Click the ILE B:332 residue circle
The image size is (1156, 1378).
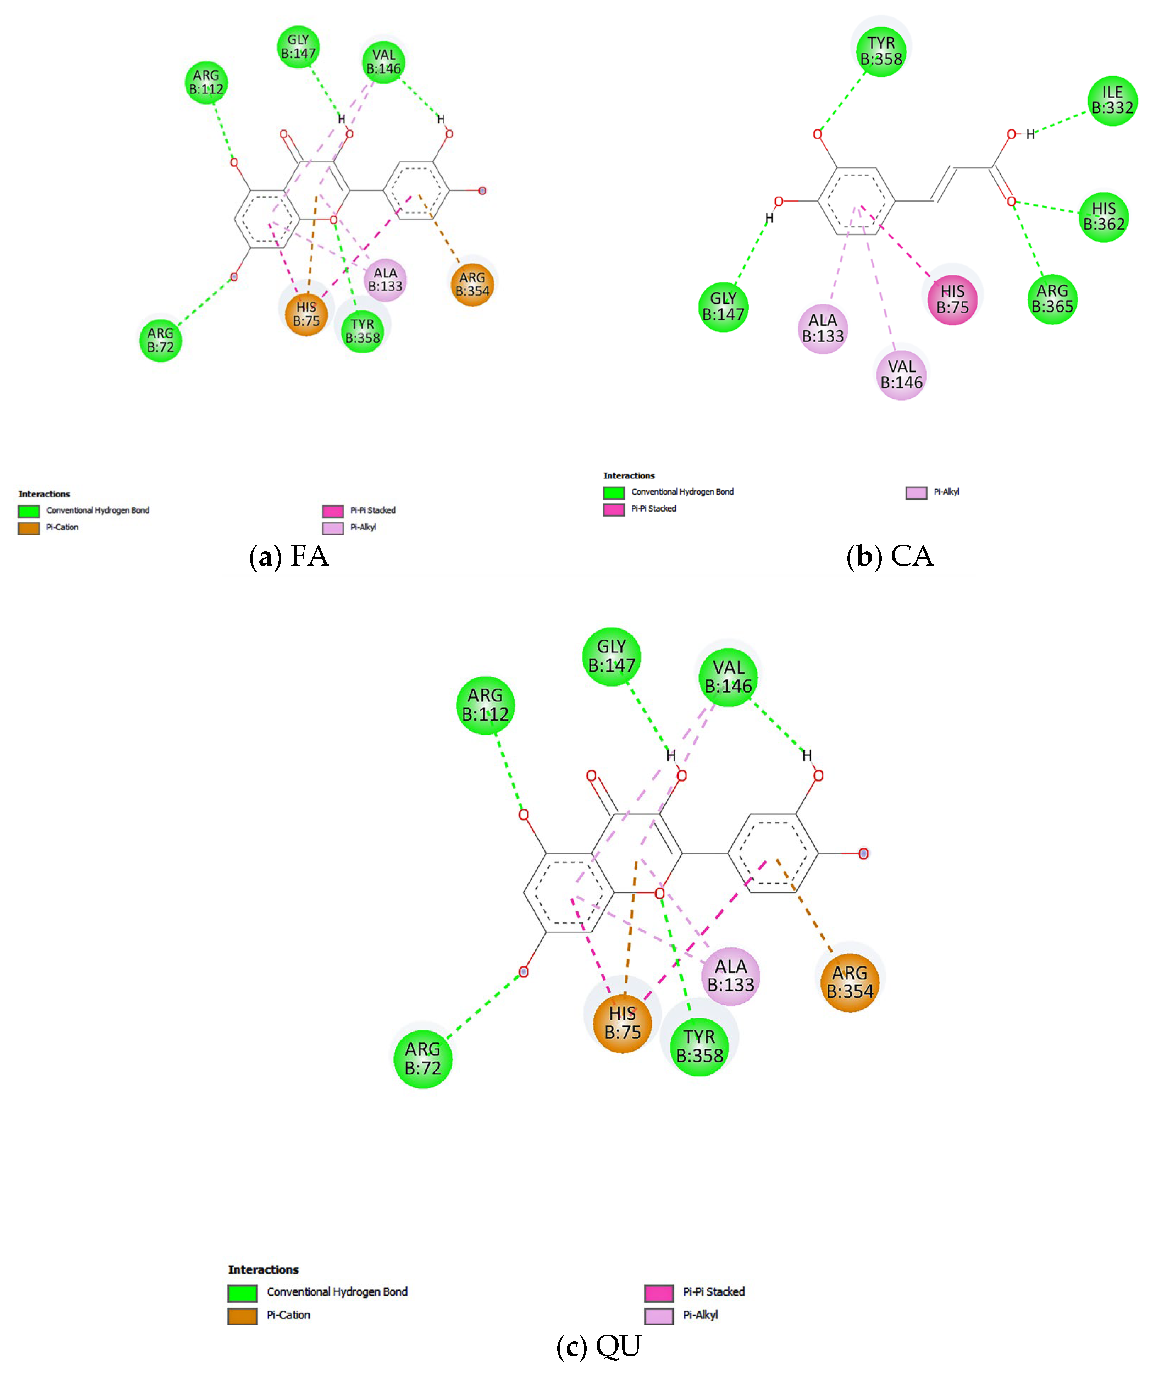point(1112,100)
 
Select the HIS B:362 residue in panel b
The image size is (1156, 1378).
point(1104,216)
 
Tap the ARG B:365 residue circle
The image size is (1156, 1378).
point(1052,299)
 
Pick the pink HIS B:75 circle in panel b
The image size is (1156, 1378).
point(952,299)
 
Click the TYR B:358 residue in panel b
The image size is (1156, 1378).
point(881,51)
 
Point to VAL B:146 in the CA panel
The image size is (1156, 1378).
point(901,375)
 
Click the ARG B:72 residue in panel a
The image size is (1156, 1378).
point(160,340)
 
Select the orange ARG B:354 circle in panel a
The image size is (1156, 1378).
point(472,284)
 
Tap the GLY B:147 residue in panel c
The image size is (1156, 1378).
point(612,656)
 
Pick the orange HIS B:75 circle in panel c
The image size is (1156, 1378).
point(622,1023)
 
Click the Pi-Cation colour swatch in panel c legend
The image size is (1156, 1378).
point(242,1316)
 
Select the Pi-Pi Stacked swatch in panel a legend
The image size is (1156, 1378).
point(333,511)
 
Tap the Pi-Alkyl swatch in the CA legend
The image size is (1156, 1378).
point(916,492)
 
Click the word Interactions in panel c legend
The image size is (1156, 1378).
point(263,1270)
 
